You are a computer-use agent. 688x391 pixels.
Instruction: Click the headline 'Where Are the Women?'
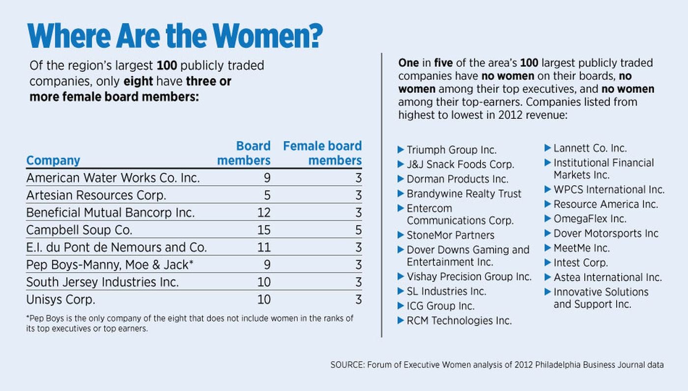(175, 35)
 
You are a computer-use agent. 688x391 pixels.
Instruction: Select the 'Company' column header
(53, 161)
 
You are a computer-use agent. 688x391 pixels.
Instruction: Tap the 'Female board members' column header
(322, 153)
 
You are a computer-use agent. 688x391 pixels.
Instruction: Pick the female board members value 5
(358, 230)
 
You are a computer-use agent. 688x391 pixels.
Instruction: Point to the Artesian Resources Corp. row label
(96, 195)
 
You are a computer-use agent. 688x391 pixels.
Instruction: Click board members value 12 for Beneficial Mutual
(263, 213)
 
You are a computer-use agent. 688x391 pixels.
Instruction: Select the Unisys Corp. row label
(60, 299)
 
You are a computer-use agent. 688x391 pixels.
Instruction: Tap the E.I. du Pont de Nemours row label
(116, 247)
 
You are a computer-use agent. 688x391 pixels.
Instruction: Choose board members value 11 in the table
(263, 247)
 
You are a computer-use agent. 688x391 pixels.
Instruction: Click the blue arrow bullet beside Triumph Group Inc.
(401, 149)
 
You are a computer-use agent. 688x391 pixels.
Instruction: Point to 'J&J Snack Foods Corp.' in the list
(460, 165)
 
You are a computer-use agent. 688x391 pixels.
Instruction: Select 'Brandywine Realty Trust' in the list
(464, 194)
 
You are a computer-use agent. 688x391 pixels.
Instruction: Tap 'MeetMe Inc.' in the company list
(581, 248)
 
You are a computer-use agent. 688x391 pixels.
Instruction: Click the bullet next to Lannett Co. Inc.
(547, 147)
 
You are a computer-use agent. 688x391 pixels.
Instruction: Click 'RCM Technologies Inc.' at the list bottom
(459, 321)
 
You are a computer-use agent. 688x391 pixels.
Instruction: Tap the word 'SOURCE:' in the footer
(346, 365)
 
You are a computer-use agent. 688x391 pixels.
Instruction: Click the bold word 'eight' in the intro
(137, 82)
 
